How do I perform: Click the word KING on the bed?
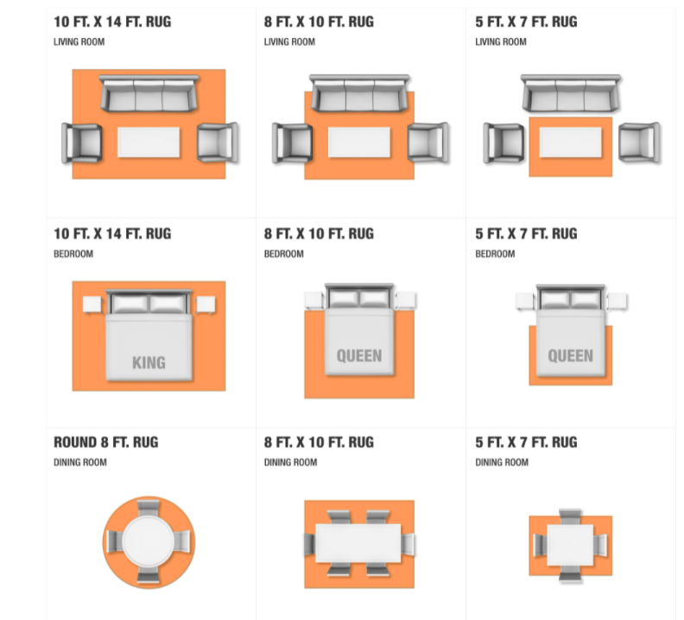(x=149, y=362)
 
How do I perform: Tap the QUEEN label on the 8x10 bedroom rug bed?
(x=359, y=356)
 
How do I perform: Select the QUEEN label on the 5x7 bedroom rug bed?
(x=570, y=356)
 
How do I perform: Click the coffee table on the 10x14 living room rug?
(x=149, y=143)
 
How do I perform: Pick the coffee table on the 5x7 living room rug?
(x=571, y=142)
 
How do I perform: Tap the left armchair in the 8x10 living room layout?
(x=292, y=143)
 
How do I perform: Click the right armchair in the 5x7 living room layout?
(x=639, y=143)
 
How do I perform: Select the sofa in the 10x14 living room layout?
(x=149, y=93)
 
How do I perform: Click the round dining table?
(x=149, y=541)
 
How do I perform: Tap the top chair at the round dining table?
(x=149, y=508)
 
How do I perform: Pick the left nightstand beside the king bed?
(x=92, y=304)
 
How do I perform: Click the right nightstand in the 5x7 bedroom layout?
(x=617, y=301)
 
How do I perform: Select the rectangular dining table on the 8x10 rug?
(x=358, y=543)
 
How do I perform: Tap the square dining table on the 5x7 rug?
(x=570, y=545)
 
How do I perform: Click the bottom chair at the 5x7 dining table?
(x=571, y=573)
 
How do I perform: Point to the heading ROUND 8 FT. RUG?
(x=106, y=442)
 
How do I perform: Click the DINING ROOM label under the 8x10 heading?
(x=290, y=463)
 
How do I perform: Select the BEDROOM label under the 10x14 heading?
(x=73, y=253)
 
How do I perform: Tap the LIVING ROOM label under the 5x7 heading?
(x=501, y=42)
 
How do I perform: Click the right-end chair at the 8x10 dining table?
(x=408, y=545)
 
